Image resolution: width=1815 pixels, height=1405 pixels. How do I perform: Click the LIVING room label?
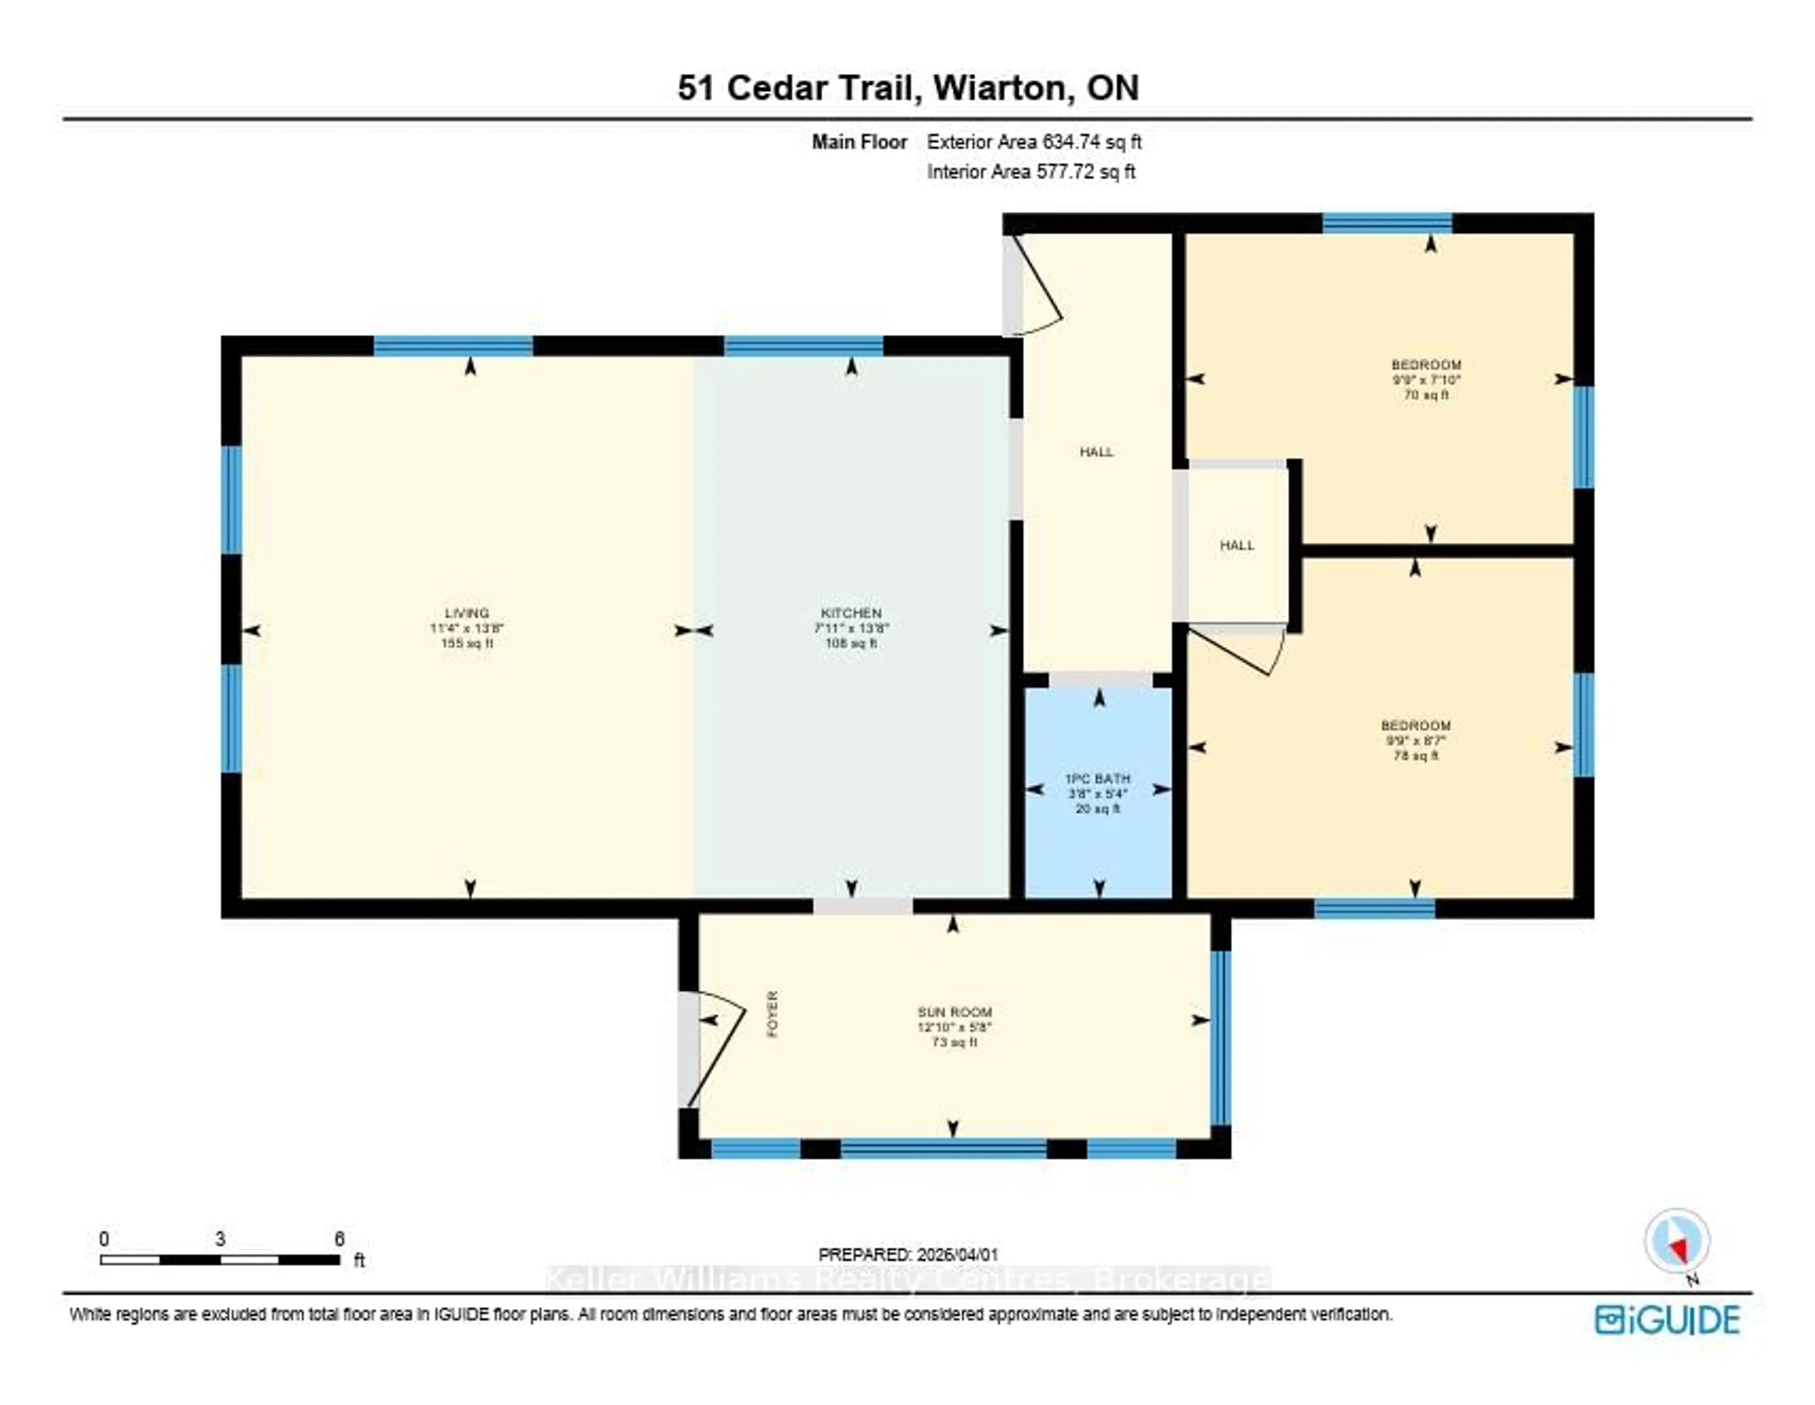pyautogui.click(x=466, y=614)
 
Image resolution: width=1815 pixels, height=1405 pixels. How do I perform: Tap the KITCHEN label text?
pyautogui.click(x=851, y=614)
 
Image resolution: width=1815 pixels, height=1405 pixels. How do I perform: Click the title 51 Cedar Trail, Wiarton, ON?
pyautogui.click(x=907, y=88)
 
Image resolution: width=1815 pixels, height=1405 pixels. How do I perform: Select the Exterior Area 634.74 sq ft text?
pyautogui.click(x=1034, y=142)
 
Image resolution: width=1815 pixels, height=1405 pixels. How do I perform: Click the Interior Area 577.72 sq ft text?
pyautogui.click(x=1030, y=172)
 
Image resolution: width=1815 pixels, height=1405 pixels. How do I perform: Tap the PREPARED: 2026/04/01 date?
pyautogui.click(x=908, y=1255)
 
